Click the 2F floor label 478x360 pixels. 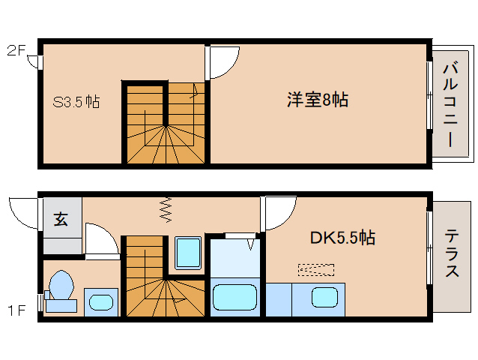click(x=16, y=51)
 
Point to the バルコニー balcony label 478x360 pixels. click(x=451, y=104)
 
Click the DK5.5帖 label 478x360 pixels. click(x=343, y=238)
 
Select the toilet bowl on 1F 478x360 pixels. click(x=60, y=289)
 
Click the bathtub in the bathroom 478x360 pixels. click(x=235, y=297)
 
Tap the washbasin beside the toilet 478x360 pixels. click(x=100, y=301)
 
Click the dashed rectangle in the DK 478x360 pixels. click(x=315, y=268)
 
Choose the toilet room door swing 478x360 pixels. click(x=101, y=239)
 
